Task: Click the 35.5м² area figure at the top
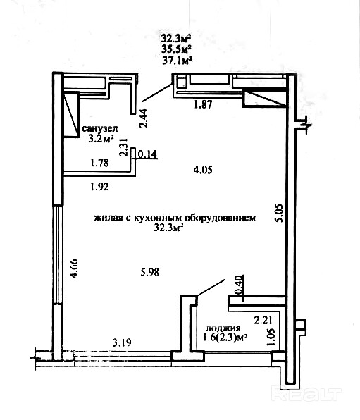[176, 49]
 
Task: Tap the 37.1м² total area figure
[178, 61]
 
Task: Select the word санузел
[99, 128]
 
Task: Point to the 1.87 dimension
[204, 104]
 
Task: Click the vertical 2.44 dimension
[144, 118]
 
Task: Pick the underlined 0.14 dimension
[147, 154]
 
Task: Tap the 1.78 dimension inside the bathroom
[99, 163]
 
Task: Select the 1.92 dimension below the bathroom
[99, 187]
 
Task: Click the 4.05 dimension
[203, 170]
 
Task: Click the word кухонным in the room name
[156, 218]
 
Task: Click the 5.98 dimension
[150, 273]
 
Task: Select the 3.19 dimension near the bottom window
[122, 342]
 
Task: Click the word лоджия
[223, 328]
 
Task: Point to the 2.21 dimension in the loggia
[263, 321]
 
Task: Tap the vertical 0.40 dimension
[239, 285]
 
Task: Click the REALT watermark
[306, 395]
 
